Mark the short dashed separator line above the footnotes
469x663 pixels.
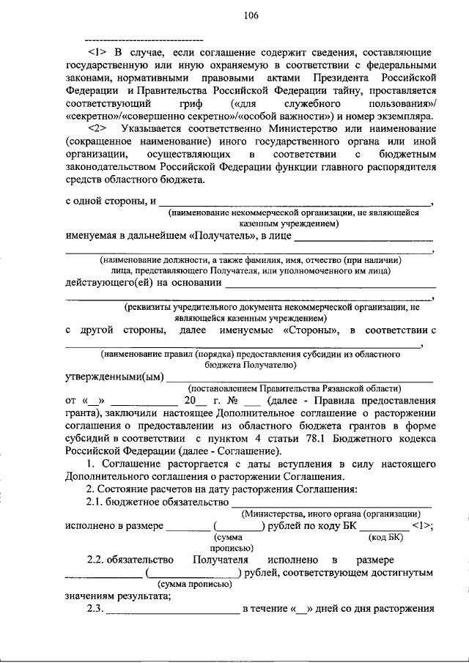[144, 37]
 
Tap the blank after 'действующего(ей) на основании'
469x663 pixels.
[330, 283]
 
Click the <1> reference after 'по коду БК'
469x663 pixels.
[421, 525]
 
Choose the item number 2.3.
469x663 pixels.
[95, 608]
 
